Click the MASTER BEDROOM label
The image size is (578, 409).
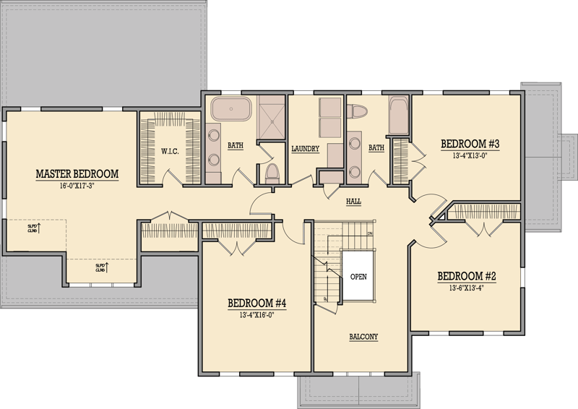coord(77,173)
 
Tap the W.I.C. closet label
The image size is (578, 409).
coord(171,151)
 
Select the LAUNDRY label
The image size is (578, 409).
coord(306,150)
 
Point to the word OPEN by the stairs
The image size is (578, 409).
coord(359,277)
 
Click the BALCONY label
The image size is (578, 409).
coord(364,337)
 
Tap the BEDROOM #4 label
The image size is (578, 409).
coord(257,303)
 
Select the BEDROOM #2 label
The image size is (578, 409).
coord(467,276)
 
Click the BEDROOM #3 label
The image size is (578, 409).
coord(470,144)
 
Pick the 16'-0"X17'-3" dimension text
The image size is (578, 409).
coord(77,186)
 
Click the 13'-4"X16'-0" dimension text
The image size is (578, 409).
coord(257,314)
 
